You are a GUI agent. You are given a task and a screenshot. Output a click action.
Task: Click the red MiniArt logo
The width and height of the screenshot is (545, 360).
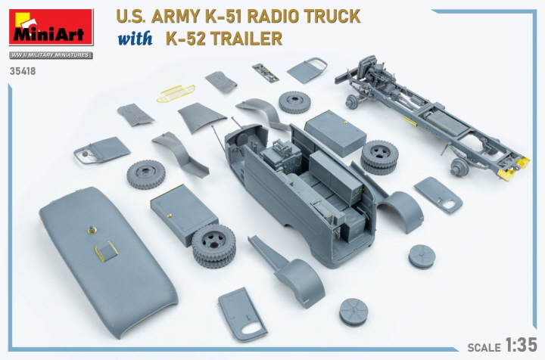click(50, 27)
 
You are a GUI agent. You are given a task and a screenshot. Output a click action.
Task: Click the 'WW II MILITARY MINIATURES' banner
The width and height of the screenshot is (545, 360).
click(50, 55)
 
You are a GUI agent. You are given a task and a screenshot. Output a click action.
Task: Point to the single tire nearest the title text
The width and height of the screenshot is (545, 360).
click(294, 102)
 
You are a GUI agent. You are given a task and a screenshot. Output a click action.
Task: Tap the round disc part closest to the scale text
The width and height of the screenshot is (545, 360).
click(353, 310)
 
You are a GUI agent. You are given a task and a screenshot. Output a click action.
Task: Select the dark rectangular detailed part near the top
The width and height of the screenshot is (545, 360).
click(265, 72)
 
